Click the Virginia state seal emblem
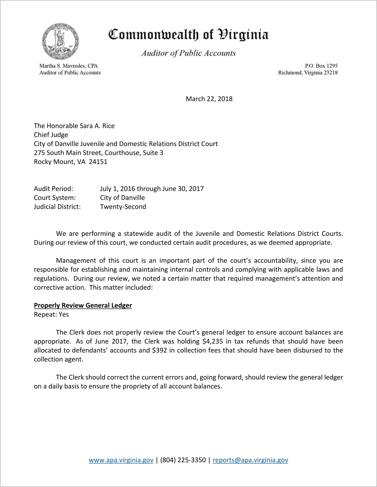[61, 42]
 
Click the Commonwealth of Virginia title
[188, 35]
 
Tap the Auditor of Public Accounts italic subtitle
[188, 53]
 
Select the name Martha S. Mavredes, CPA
[68, 66]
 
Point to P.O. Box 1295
[321, 66]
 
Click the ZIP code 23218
[331, 73]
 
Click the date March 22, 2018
[209, 99]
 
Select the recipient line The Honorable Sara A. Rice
[74, 126]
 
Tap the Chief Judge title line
[51, 135]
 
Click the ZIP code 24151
[98, 162]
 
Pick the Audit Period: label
[53, 189]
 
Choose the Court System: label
[55, 198]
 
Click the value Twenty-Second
[123, 207]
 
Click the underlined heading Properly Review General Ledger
[83, 305]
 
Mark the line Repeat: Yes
[51, 314]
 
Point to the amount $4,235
[213, 341]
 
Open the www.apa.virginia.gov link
[121, 460]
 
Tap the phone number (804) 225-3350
[183, 460]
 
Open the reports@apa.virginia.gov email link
[250, 460]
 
